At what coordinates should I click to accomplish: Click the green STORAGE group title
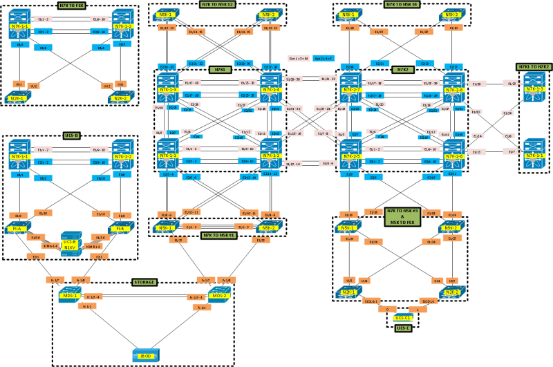(x=145, y=282)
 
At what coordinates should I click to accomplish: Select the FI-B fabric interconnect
(x=118, y=229)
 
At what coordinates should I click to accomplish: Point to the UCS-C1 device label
(x=402, y=317)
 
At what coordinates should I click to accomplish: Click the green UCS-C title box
(x=402, y=328)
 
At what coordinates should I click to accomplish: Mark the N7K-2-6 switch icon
(x=453, y=150)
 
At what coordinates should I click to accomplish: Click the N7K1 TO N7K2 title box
(x=534, y=66)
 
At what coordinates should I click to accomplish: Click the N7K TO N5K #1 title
(x=220, y=236)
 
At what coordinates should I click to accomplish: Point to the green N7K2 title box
(x=402, y=70)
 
